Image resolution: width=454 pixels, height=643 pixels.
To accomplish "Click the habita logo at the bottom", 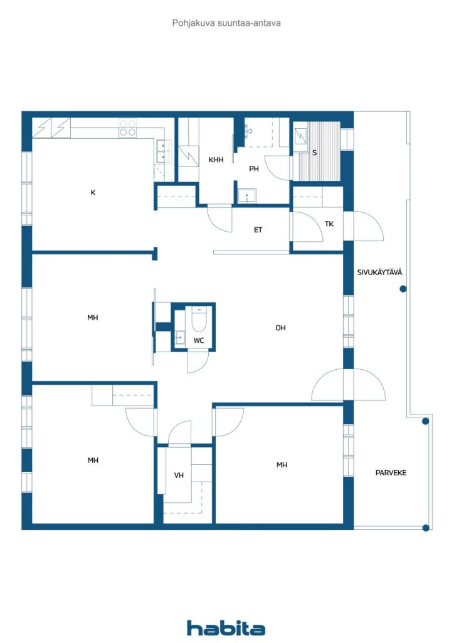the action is [226, 628].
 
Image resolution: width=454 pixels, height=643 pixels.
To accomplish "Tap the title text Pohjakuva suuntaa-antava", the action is [226, 23].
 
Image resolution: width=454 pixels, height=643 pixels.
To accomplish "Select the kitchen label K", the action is [93, 192].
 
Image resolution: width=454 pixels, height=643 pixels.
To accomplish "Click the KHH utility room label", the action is [216, 159].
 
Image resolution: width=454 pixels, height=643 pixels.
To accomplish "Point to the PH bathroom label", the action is [254, 168].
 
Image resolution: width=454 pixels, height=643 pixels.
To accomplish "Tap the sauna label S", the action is [314, 153].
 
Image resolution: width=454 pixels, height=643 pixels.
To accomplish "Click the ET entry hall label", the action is [258, 230].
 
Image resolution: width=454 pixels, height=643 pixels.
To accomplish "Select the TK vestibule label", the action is [329, 224].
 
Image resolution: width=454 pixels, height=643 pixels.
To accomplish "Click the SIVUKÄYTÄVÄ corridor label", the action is [379, 272].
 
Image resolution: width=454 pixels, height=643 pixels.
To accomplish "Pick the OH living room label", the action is [280, 328].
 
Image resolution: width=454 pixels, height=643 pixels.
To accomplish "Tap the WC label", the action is [199, 340].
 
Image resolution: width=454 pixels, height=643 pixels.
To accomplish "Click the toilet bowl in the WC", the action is [199, 319].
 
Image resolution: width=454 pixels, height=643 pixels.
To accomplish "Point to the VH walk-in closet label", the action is [179, 475].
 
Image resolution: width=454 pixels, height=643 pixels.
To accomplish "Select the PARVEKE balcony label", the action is [391, 473].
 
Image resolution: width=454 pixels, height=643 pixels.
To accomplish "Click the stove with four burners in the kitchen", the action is [127, 127].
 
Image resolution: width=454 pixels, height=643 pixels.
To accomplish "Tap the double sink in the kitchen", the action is [162, 151].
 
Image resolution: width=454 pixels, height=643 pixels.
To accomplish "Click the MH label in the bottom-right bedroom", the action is [282, 465].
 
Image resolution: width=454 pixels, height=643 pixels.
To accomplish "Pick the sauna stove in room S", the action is [300, 136].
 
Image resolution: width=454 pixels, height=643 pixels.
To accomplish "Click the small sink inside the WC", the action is [180, 338].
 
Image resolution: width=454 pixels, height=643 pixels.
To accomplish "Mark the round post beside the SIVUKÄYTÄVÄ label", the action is [403, 289].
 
